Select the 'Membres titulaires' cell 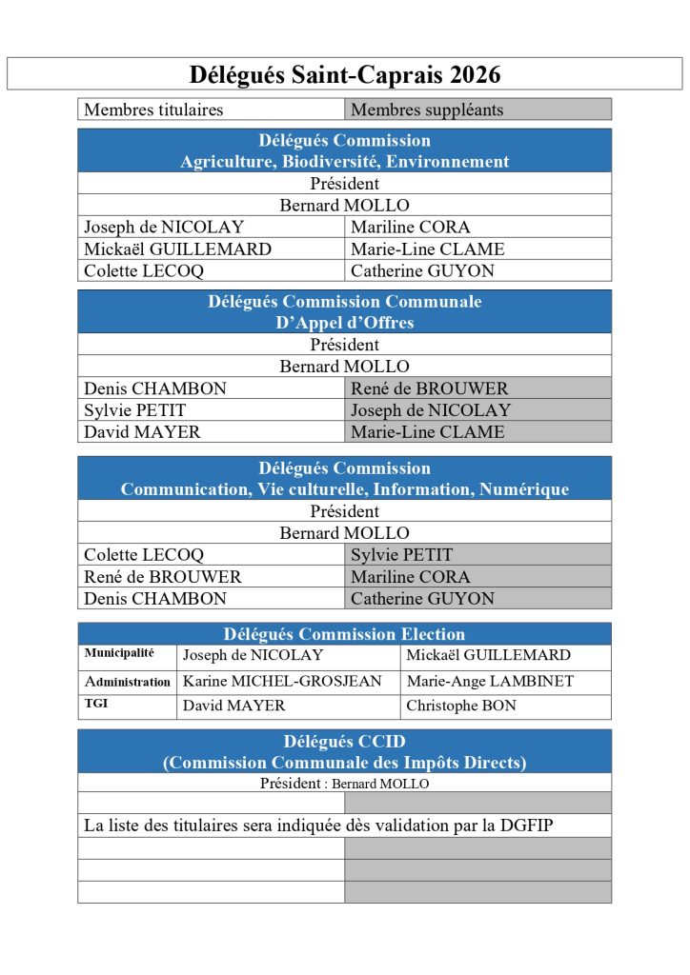pyautogui.click(x=153, y=109)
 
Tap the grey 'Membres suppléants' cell pyautogui.click(x=427, y=109)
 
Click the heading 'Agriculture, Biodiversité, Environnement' pyautogui.click(x=344, y=162)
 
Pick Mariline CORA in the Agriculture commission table pyautogui.click(x=410, y=227)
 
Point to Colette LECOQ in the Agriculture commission pyautogui.click(x=144, y=270)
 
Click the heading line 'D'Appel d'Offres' pyautogui.click(x=344, y=323)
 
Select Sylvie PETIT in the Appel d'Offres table pyautogui.click(x=135, y=410)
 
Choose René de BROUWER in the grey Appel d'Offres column pyautogui.click(x=430, y=388)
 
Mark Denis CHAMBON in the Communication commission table pyautogui.click(x=155, y=599)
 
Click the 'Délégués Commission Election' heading pyautogui.click(x=344, y=634)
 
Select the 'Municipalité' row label pyautogui.click(x=119, y=653)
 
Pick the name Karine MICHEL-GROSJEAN pyautogui.click(x=282, y=682)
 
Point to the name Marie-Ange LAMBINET pyautogui.click(x=490, y=682)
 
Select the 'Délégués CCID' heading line pyautogui.click(x=344, y=742)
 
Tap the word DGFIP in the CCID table pyautogui.click(x=526, y=826)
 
